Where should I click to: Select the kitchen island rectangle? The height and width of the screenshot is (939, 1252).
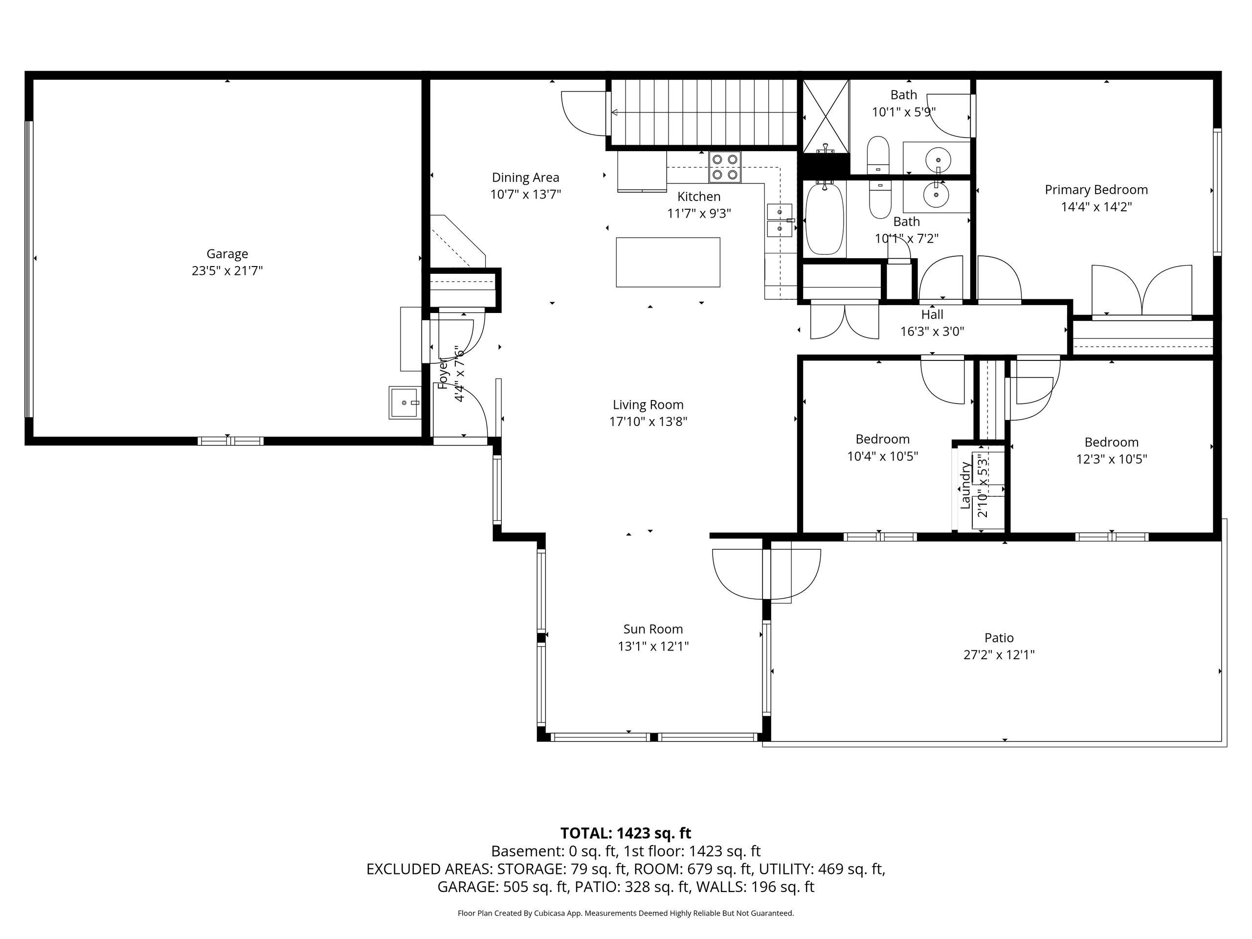668,262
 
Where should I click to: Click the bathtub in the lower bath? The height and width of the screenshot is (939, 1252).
825,219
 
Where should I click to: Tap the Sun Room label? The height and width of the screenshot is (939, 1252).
653,629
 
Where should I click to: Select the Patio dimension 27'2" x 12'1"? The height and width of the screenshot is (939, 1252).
999,655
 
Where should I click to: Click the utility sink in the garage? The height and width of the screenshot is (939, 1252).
404,402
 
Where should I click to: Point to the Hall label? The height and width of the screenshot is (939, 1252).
932,314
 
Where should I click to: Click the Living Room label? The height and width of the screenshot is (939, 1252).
648,404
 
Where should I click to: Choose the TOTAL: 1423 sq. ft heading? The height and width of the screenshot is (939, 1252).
626,833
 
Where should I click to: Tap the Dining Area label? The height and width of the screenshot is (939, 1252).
525,178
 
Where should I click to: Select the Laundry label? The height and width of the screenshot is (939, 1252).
965,486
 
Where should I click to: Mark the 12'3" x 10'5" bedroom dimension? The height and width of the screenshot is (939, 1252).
1112,459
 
